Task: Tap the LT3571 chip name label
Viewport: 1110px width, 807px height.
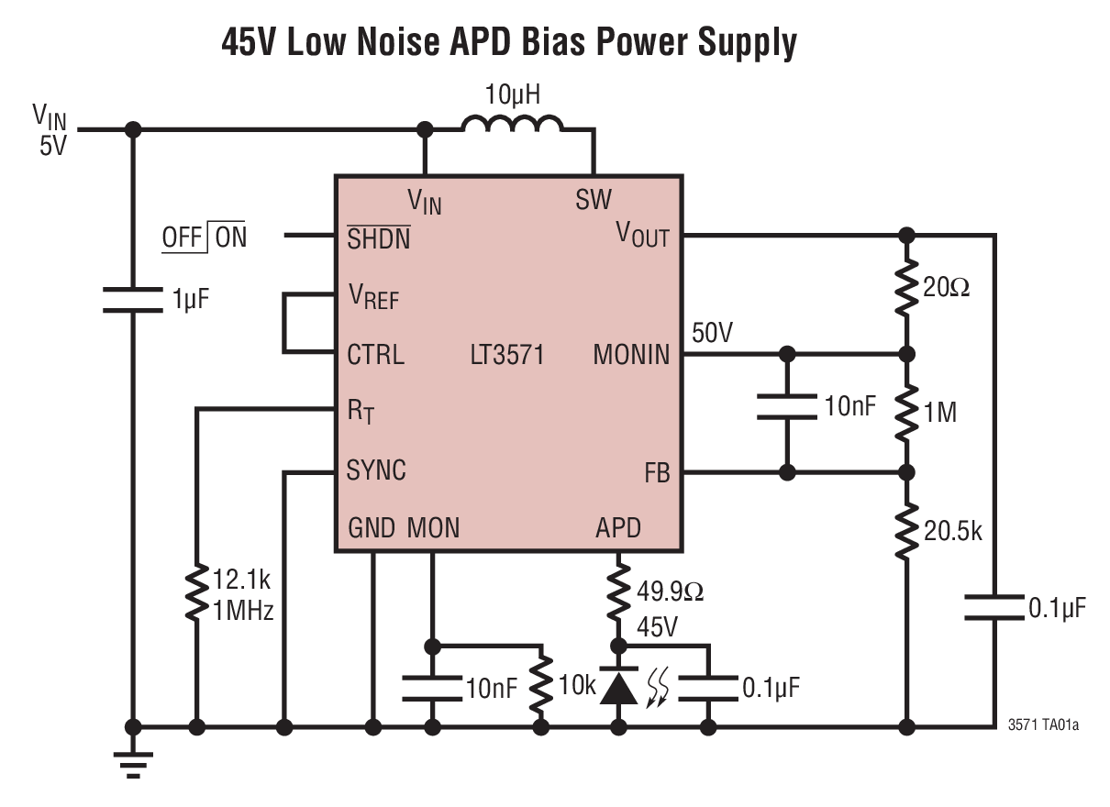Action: (x=506, y=355)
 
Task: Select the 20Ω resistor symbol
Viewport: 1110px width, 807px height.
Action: (x=906, y=288)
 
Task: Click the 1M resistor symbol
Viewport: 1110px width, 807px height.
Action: (x=906, y=413)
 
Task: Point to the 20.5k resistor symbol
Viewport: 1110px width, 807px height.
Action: (x=906, y=530)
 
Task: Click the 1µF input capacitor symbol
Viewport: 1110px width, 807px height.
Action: (x=134, y=299)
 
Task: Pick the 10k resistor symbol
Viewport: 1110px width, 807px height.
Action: (x=543, y=686)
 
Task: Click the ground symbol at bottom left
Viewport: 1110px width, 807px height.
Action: (x=134, y=761)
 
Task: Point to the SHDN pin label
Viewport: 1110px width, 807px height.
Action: (x=378, y=238)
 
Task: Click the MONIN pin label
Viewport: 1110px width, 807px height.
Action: (x=631, y=355)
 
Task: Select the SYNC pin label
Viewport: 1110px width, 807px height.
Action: (x=376, y=470)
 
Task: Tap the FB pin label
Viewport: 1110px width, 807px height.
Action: (x=657, y=473)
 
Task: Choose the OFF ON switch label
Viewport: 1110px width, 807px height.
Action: (x=205, y=238)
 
